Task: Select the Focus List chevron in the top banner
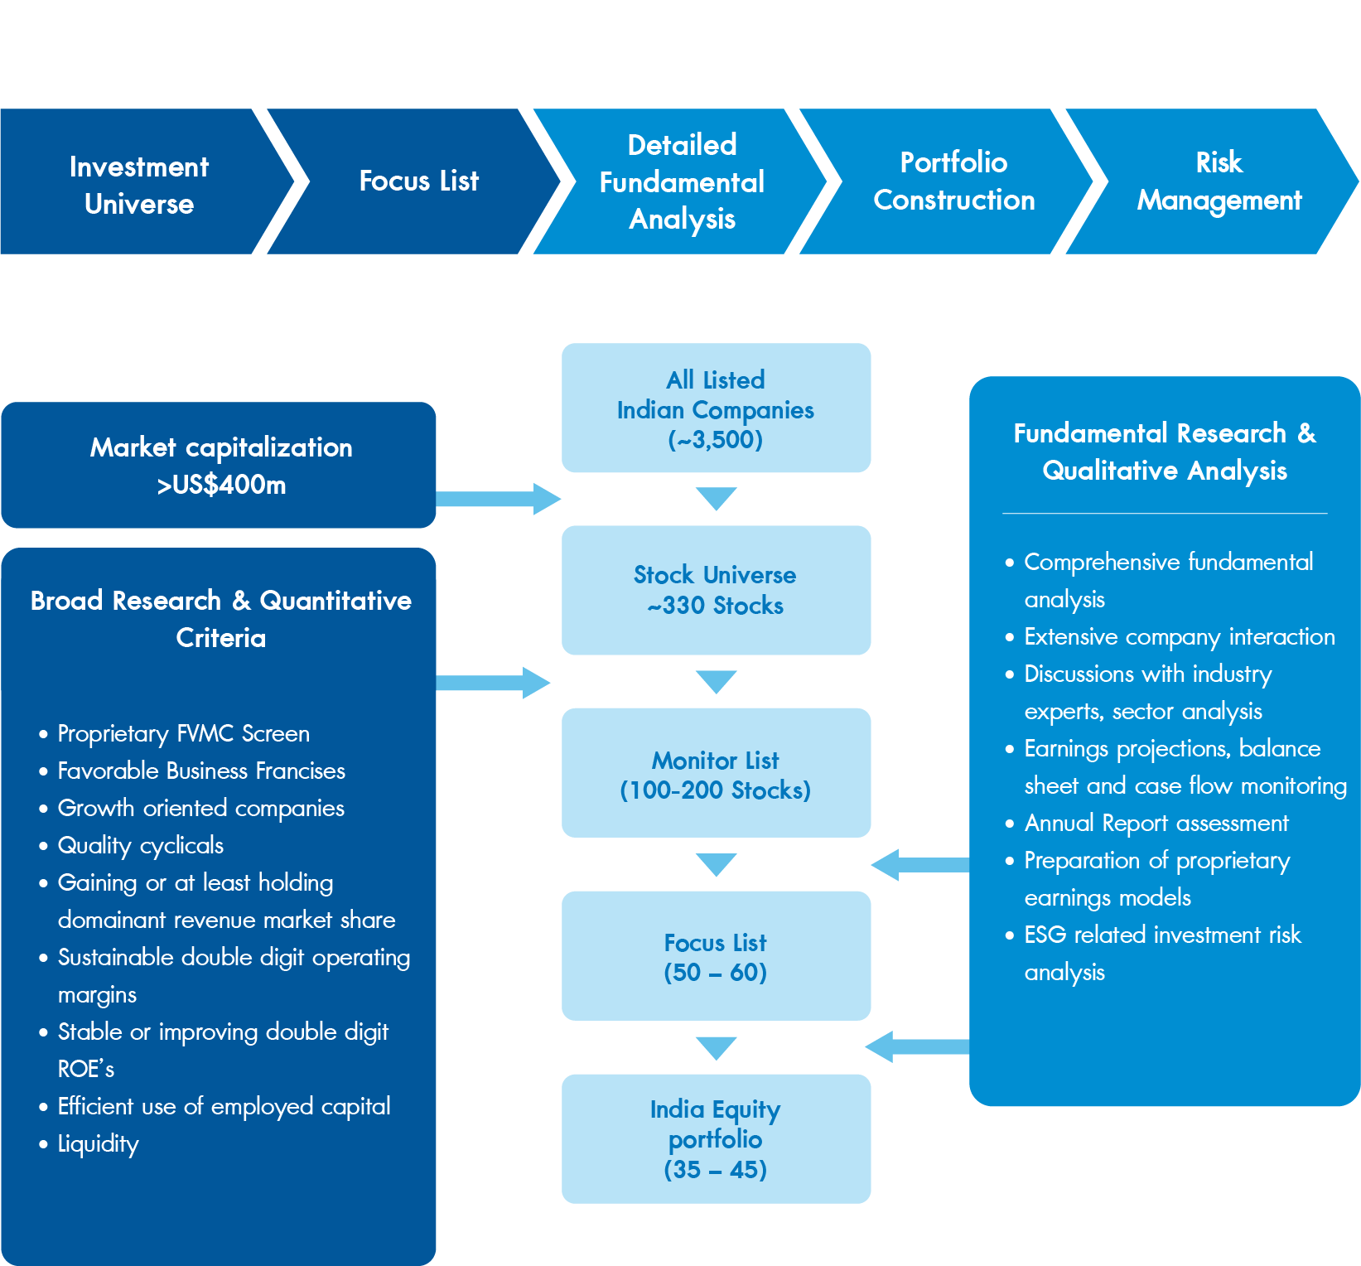point(414,181)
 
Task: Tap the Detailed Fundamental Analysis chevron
point(681,181)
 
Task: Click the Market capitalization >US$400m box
point(219,465)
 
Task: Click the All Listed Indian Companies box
point(716,408)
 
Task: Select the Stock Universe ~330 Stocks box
point(716,590)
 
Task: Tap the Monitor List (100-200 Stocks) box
point(716,772)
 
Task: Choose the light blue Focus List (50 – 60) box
point(716,955)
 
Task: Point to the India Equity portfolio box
point(716,1138)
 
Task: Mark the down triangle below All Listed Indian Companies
point(717,498)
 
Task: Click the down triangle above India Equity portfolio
point(717,1048)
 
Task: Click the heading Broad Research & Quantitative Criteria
point(221,619)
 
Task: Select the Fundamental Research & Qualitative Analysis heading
point(1165,452)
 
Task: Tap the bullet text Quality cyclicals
point(141,845)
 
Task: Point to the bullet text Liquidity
point(99,1143)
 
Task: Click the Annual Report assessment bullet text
point(1156,823)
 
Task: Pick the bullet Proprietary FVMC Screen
point(184,733)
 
